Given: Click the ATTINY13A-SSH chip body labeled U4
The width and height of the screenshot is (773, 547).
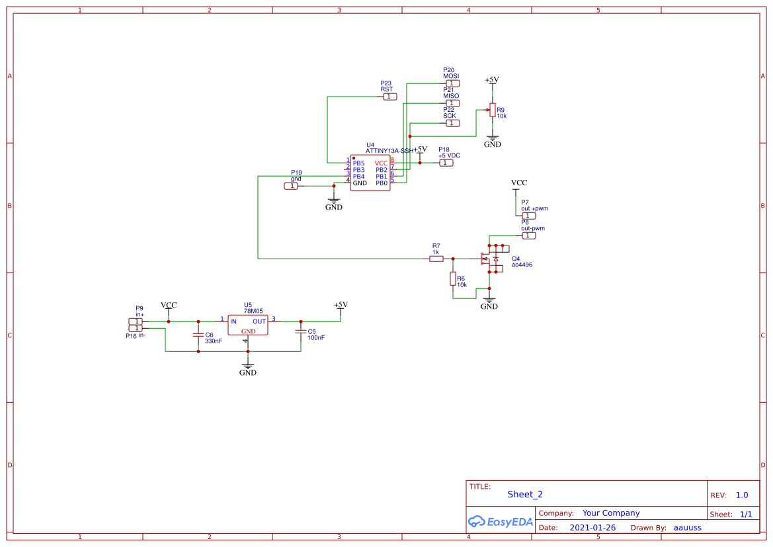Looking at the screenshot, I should (370, 173).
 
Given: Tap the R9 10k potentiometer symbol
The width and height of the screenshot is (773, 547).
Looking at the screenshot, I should (492, 110).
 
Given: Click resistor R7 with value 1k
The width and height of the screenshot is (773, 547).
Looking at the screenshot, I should (436, 259).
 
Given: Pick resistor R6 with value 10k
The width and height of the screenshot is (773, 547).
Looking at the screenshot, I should (453, 278).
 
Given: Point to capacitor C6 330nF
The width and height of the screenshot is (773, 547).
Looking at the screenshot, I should (198, 335).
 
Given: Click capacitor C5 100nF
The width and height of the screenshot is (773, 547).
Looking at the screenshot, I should (301, 331).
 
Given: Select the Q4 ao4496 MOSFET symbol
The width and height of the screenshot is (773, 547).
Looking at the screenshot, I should (492, 258).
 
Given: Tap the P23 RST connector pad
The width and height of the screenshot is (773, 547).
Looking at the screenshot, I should (390, 97).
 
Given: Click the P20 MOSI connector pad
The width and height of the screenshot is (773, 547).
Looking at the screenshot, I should (452, 83).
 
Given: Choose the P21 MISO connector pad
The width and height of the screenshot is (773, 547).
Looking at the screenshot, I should (452, 103).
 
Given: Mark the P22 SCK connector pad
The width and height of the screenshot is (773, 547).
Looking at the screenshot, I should (452, 123).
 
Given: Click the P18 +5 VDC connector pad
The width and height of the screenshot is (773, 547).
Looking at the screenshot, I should (446, 163).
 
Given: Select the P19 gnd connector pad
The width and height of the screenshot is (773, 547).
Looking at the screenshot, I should (291, 186).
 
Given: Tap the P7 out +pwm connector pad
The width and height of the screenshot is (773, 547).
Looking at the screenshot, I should (528, 216).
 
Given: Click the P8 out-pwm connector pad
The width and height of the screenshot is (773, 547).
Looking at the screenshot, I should (528, 235).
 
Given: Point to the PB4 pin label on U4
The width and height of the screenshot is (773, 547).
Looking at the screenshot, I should (358, 177).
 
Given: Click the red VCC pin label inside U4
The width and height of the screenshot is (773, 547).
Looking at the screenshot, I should (381, 163).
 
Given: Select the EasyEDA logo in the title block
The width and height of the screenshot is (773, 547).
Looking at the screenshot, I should (501, 521).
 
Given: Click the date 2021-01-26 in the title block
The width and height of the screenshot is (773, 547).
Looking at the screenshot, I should (592, 528).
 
